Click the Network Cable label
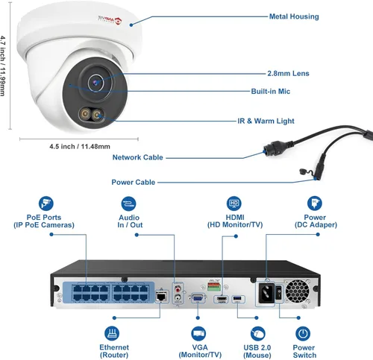pyautogui.click(x=137, y=157)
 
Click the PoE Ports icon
pyautogui.click(x=47, y=203)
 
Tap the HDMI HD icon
pyautogui.click(x=233, y=203)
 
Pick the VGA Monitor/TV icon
pyautogui.click(x=199, y=334)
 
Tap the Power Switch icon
pyautogui.click(x=302, y=334)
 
